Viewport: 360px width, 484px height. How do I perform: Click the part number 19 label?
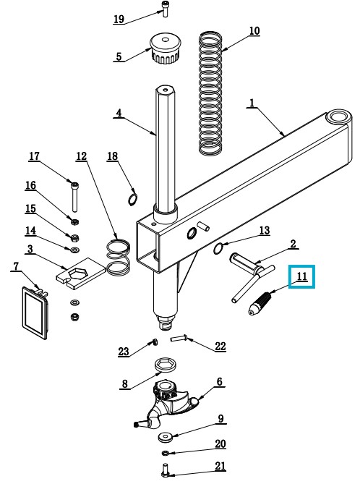click(x=119, y=19)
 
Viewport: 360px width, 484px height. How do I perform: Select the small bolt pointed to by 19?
click(x=164, y=9)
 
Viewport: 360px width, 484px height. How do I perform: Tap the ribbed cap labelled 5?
click(x=166, y=48)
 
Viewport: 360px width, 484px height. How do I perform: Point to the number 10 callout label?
click(x=254, y=31)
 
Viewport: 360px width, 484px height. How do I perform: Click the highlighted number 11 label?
click(x=301, y=276)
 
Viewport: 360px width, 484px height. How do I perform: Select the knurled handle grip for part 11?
click(x=260, y=303)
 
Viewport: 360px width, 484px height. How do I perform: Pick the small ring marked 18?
click(x=132, y=199)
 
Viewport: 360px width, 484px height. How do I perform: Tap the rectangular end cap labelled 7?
click(x=35, y=312)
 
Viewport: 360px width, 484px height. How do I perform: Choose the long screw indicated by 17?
click(x=74, y=196)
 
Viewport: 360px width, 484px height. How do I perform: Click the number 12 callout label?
click(x=82, y=156)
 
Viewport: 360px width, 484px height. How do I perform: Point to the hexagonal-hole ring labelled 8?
click(x=166, y=365)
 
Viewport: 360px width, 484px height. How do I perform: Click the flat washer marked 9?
click(x=166, y=437)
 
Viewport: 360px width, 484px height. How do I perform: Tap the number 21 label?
click(x=220, y=465)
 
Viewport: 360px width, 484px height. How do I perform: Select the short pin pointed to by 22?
click(x=177, y=339)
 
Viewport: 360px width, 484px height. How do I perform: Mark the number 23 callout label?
click(x=124, y=351)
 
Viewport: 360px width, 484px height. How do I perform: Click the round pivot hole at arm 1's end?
click(x=338, y=117)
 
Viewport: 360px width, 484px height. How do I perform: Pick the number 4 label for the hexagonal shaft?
click(x=119, y=113)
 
